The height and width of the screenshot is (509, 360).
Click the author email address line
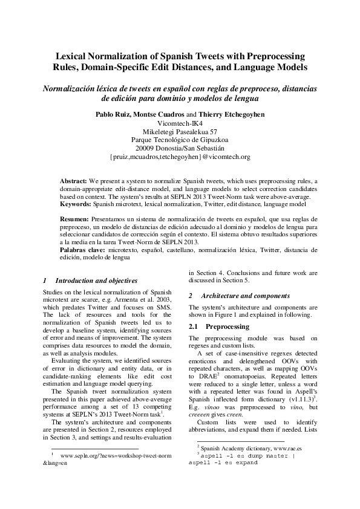180,157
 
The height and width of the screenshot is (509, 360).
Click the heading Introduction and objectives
97,280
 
